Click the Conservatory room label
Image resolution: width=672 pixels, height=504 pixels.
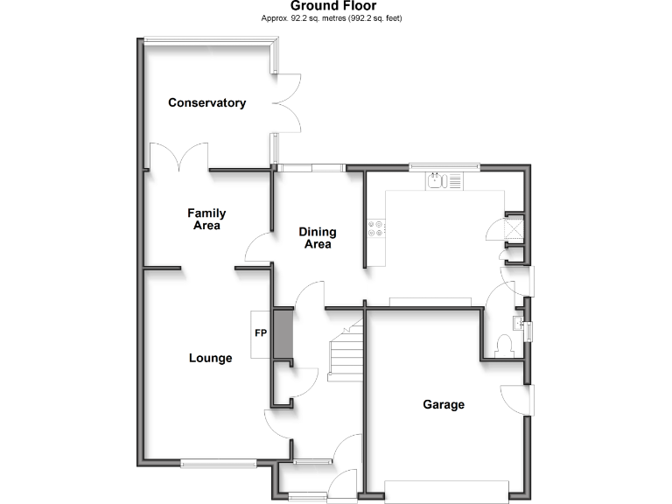pyautogui.click(x=207, y=103)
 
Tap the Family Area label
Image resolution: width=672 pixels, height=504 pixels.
pyautogui.click(x=206, y=220)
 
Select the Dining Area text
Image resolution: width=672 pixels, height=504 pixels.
pyautogui.click(x=318, y=238)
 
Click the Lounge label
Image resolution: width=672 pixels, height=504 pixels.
pyautogui.click(x=211, y=358)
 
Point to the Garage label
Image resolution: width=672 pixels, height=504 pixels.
pyautogui.click(x=444, y=404)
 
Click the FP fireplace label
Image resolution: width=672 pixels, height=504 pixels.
pyautogui.click(x=260, y=333)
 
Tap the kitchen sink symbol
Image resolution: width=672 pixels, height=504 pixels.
pyautogui.click(x=444, y=182)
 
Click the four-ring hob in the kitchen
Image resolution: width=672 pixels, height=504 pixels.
pyautogui.click(x=376, y=228)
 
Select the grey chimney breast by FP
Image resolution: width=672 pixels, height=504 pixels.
pyautogui.click(x=283, y=333)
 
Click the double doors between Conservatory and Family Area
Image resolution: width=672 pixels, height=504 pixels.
pyautogui.click(x=178, y=157)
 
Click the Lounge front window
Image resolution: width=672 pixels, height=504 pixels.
pyautogui.click(x=219, y=462)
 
